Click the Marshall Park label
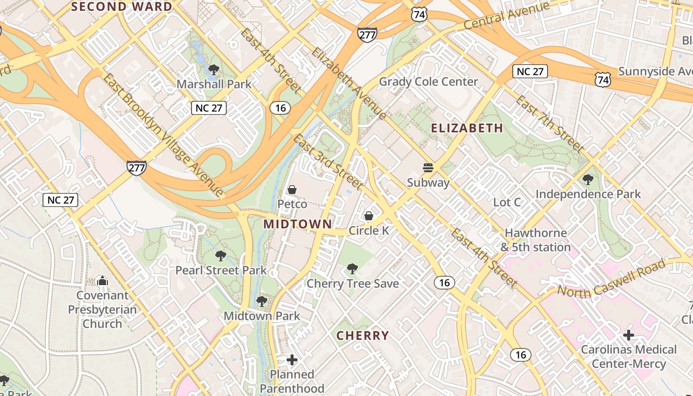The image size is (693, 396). (214, 84)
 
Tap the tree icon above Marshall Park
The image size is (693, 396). (214, 69)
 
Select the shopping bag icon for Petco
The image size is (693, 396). (292, 190)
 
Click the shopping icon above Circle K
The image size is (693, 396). (369, 216)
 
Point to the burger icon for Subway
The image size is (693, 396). (428, 168)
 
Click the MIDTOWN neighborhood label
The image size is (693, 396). (297, 224)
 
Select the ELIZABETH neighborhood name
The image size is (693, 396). (467, 128)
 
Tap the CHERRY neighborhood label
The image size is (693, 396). (363, 336)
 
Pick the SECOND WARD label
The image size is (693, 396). (122, 6)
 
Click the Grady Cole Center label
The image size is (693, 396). (428, 82)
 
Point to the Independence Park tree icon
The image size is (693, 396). (588, 179)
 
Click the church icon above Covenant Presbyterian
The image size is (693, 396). (102, 281)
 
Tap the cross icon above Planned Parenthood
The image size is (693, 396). (292, 359)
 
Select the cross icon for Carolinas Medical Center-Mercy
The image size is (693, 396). (628, 335)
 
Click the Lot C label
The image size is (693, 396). (507, 202)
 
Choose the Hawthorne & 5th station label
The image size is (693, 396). (536, 240)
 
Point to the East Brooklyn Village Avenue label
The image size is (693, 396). (164, 134)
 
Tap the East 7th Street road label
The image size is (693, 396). (549, 124)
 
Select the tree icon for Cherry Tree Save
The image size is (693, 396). (352, 269)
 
